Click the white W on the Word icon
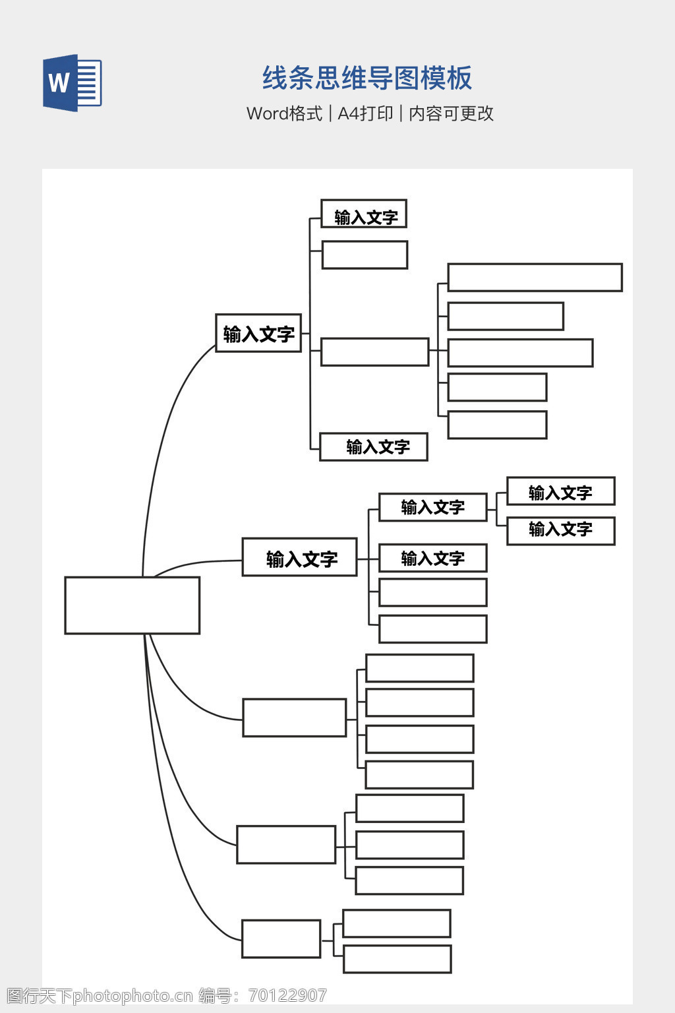(59, 83)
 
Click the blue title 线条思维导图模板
(367, 78)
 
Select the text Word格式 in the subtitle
(284, 113)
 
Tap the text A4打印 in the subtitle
(365, 113)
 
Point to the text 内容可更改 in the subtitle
(451, 113)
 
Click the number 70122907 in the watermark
(287, 995)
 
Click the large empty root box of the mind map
(132, 605)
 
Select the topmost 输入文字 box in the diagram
(364, 214)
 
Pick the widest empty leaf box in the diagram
(535, 278)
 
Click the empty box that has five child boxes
(374, 352)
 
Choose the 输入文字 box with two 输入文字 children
(432, 507)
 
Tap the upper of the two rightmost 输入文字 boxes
(560, 491)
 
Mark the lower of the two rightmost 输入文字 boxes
(560, 531)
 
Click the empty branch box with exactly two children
(281, 938)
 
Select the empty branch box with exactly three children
(286, 845)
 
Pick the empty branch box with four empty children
(294, 718)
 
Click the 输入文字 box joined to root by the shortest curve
(299, 557)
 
